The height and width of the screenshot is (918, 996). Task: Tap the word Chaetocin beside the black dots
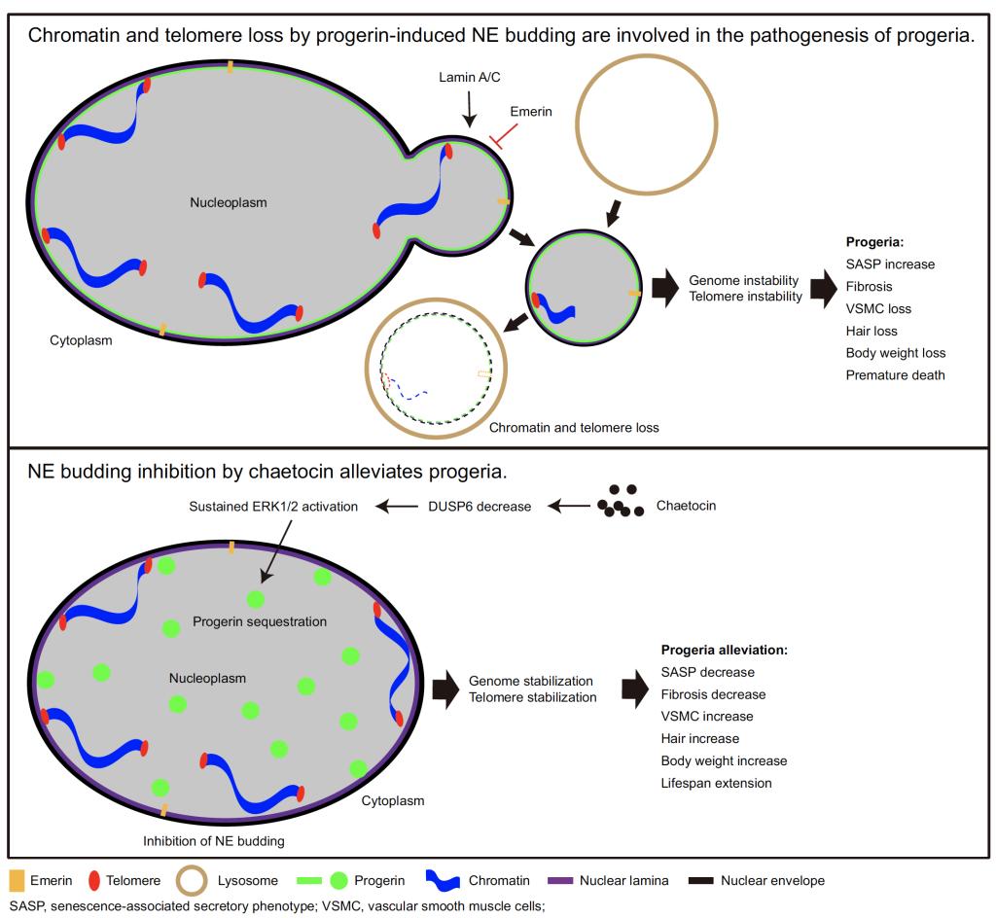686,506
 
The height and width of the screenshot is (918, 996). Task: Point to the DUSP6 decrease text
480,507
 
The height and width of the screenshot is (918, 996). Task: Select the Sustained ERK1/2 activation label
273,507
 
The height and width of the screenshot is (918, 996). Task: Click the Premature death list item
895,375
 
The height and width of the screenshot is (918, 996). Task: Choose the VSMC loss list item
878,309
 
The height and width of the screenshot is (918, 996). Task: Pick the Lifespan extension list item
716,783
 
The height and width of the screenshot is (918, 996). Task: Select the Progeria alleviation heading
724,650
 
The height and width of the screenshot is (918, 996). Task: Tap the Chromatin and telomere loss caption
574,428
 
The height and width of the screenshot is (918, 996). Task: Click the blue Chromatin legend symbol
443,881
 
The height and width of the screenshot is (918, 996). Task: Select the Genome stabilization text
530,681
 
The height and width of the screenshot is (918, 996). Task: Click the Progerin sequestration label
260,621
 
